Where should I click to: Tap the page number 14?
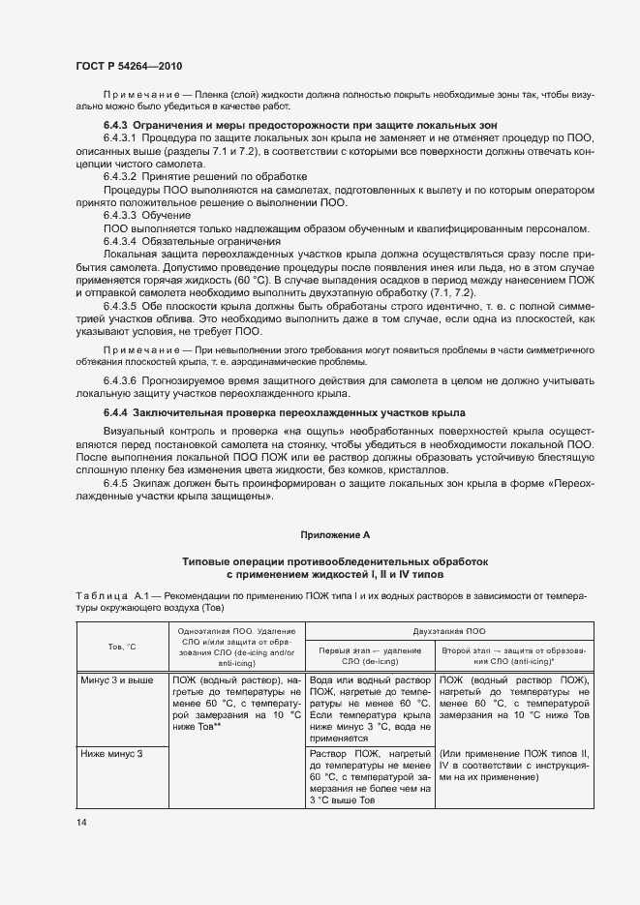pos(80,822)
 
